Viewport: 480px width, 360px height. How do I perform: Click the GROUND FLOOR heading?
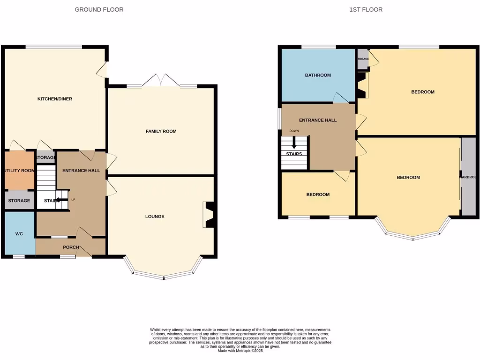tap(99, 9)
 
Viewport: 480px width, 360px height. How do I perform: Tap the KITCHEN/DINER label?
tap(55, 99)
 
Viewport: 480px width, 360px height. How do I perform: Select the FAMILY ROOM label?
tap(161, 131)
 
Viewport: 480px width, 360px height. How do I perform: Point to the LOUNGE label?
tap(155, 217)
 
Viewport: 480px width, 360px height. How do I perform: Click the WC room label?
tap(19, 233)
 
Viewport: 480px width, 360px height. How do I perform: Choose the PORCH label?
tap(71, 247)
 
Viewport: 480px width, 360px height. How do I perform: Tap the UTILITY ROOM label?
tap(19, 171)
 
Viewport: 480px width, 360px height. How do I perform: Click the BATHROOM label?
tap(318, 75)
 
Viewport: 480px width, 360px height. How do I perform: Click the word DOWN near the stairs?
tap(294, 131)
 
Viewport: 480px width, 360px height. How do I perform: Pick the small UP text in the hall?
tap(73, 200)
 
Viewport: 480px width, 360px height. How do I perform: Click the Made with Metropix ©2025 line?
tap(240, 351)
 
